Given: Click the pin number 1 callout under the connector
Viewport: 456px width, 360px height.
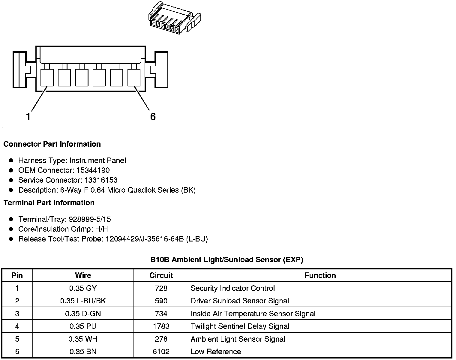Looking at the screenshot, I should point(28,116).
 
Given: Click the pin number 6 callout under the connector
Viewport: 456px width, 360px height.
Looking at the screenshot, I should point(153,116).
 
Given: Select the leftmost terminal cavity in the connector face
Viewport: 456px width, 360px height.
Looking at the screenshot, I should point(47,77).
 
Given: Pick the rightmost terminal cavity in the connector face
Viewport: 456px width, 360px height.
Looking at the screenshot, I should point(134,77).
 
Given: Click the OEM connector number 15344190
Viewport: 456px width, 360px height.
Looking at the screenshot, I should point(93,170).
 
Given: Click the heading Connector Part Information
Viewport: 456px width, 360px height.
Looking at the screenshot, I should point(52,144).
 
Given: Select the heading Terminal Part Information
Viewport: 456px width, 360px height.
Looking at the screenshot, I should point(49,203).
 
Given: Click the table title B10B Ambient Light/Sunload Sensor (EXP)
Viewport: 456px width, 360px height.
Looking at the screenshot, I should point(227,260).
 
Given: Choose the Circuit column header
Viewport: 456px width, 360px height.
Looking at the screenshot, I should point(161,275).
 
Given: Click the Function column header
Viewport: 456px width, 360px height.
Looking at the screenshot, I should point(320,275).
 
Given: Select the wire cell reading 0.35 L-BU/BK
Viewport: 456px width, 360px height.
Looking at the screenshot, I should point(83,301).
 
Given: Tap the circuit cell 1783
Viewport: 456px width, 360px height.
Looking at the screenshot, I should point(161,326).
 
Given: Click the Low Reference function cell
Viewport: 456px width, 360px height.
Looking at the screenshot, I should point(216,352).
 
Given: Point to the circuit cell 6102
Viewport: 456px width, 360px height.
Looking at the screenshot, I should point(161,352).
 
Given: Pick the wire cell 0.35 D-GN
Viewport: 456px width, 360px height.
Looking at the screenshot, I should point(83,314).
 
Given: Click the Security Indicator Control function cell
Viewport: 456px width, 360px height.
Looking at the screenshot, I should point(232,288).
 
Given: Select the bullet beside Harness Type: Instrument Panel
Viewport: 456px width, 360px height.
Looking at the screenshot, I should point(11,160).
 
